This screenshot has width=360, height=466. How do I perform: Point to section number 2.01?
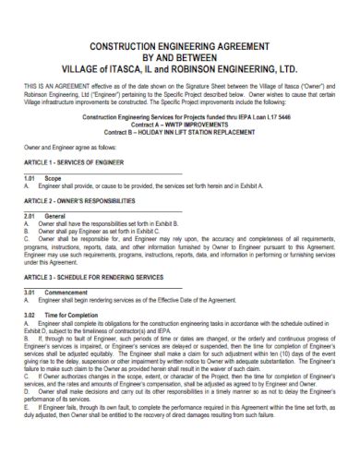27,239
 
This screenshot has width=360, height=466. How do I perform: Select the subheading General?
55,239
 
